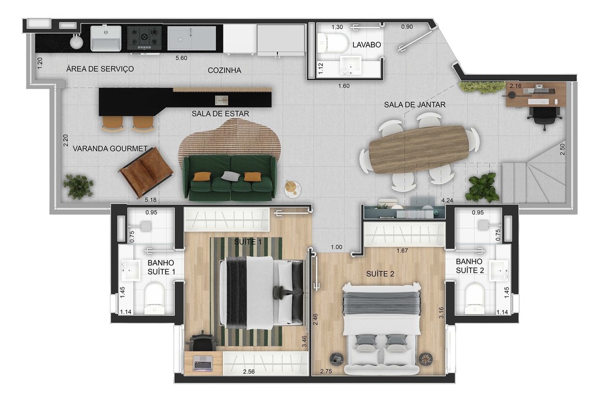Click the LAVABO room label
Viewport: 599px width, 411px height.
pyautogui.click(x=367, y=44)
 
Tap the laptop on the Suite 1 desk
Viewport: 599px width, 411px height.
pyautogui.click(x=202, y=362)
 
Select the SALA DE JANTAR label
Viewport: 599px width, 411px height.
pyautogui.click(x=415, y=105)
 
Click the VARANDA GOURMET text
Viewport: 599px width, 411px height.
pyautogui.click(x=110, y=148)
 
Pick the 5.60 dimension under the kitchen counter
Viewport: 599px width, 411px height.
pyautogui.click(x=181, y=58)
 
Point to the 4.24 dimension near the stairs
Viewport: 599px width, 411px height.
pyautogui.click(x=447, y=201)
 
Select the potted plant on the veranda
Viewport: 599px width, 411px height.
pyautogui.click(x=78, y=186)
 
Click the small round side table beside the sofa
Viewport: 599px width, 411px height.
pyautogui.click(x=292, y=188)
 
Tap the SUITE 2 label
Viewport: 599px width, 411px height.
pyautogui.click(x=380, y=274)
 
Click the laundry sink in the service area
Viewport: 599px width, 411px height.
pyautogui.click(x=105, y=38)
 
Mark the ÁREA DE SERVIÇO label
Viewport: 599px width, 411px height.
pyautogui.click(x=100, y=69)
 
